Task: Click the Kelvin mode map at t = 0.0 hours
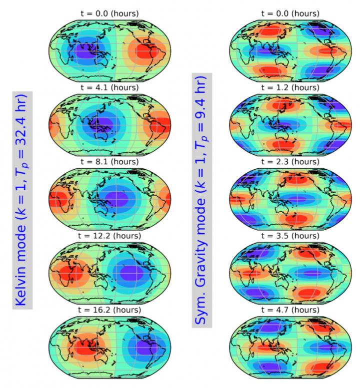pos(110,47)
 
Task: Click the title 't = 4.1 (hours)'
pos(110,88)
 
